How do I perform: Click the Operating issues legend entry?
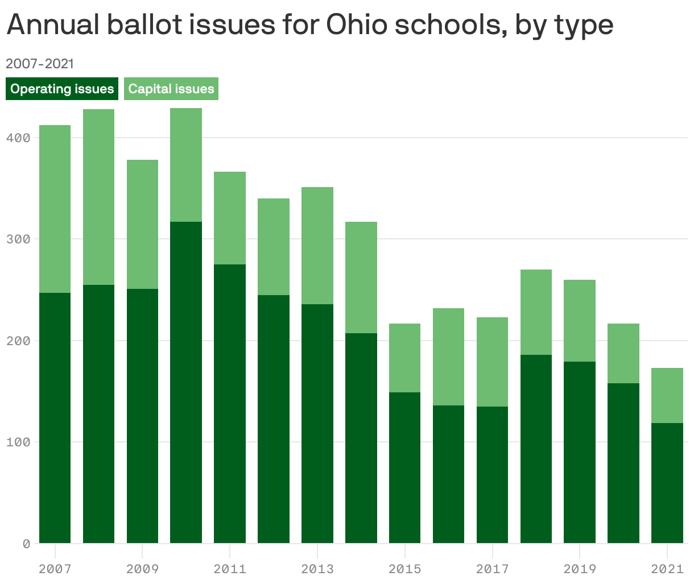tap(62, 89)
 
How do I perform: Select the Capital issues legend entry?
tap(171, 89)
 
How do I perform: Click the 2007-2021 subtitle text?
tap(40, 63)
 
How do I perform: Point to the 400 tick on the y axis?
tap(19, 138)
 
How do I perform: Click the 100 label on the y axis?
tap(19, 442)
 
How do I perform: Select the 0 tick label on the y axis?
tap(26, 544)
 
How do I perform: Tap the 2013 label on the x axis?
tap(317, 569)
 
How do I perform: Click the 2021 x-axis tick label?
tap(667, 569)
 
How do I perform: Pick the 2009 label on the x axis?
tap(142, 569)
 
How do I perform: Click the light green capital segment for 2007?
tap(55, 209)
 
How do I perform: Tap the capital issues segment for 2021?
tap(667, 395)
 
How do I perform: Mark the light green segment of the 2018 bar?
tap(536, 312)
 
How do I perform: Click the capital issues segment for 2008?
tap(98, 197)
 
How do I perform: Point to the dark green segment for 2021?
tap(667, 483)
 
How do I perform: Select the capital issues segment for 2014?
tap(361, 277)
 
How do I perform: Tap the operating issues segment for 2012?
tap(274, 419)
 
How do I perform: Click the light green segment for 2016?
tap(448, 357)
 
